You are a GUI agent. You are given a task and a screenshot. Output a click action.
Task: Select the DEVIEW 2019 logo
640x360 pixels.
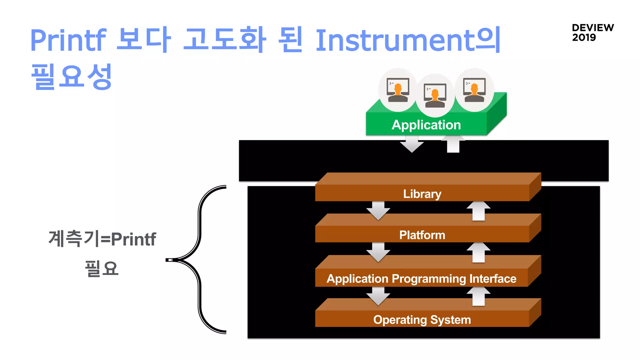592,32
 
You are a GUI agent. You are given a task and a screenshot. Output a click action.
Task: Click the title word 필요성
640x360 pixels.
71,77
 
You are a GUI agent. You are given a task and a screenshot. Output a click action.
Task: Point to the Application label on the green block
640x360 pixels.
426,125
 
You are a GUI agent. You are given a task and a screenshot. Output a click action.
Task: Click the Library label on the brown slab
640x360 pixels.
422,194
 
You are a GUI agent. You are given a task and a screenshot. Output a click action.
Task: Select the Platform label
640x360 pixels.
422,235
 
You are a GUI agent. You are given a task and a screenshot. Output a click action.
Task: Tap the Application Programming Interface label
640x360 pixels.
421,279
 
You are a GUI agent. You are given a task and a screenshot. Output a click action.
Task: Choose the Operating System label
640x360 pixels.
422,320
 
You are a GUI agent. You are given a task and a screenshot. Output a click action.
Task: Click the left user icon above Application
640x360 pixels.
397,90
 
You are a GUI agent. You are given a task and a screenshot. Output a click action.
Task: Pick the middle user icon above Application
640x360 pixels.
435,96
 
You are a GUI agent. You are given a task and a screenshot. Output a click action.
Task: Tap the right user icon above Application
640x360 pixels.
474,90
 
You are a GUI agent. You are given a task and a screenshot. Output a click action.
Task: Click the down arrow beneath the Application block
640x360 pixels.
412,144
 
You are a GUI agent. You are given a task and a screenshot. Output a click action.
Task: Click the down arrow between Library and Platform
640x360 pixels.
378,211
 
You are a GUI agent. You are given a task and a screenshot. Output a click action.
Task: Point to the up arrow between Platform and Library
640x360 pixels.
478,211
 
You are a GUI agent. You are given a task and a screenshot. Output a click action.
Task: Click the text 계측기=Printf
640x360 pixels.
102,239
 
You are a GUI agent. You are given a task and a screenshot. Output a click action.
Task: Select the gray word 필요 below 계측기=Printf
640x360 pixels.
102,268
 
